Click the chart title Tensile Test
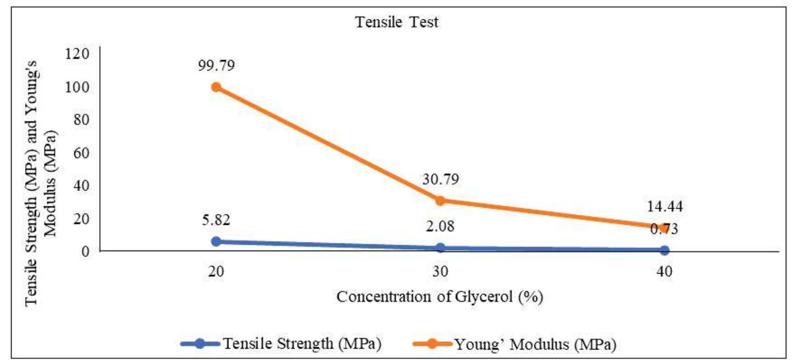pos(397,22)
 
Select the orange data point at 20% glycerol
pos(216,87)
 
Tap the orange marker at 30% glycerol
pos(440,201)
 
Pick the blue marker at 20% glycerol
pos(216,241)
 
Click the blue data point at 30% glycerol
pos(440,248)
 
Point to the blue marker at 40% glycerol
pos(664,250)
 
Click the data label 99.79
pos(216,65)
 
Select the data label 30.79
pos(440,179)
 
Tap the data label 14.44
pos(664,206)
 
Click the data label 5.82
pos(216,220)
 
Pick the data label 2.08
pos(440,226)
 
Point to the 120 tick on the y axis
pos(77,54)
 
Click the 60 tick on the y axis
pos(81,153)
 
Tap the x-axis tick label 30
pos(440,272)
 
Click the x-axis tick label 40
pos(664,272)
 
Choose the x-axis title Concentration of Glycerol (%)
pos(439,297)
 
